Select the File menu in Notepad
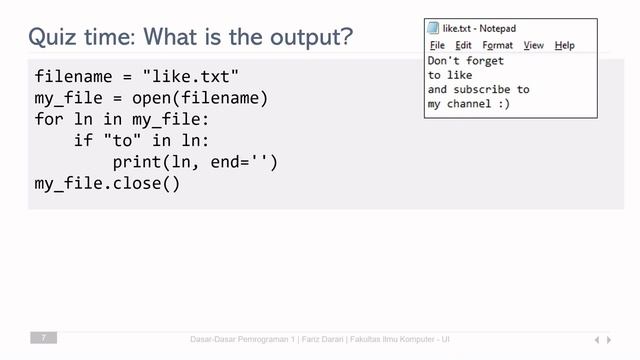[x=437, y=46]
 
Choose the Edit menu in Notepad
[x=463, y=46]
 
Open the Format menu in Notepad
[x=497, y=46]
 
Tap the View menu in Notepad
[x=533, y=46]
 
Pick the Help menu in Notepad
[x=564, y=46]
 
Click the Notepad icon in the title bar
[x=433, y=29]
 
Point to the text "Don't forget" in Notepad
[x=465, y=61]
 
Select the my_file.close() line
[x=107, y=185]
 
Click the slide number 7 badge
[x=43, y=339]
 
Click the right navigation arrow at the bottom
[x=609, y=340]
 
